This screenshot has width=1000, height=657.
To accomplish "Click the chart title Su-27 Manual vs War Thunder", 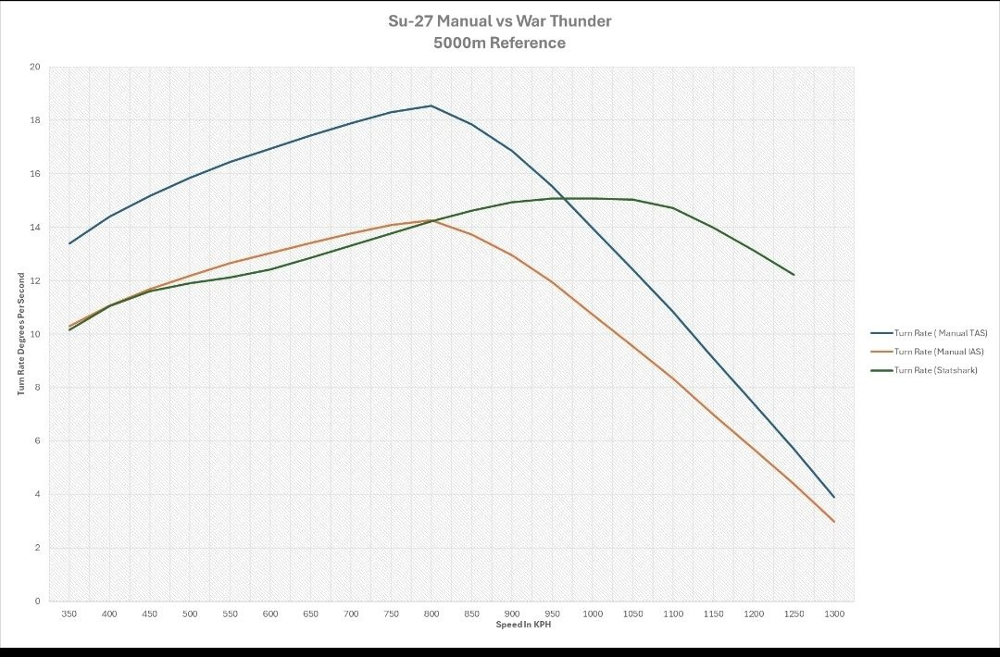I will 499,20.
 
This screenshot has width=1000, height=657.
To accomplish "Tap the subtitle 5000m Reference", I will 499,43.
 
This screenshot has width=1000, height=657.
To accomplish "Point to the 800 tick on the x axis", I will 431,614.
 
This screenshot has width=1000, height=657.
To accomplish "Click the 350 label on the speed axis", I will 69,614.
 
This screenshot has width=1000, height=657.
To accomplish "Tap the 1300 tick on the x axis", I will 833,614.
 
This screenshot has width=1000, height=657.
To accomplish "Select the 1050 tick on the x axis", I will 632,614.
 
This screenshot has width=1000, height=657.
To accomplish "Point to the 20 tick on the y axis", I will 35,67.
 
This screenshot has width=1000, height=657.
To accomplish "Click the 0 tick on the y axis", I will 38,601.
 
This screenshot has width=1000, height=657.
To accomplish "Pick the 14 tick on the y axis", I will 35,227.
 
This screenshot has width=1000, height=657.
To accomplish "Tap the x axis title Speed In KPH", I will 523,624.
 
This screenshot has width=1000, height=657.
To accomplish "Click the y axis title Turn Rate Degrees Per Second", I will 20,334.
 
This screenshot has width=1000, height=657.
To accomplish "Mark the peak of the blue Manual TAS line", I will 431,105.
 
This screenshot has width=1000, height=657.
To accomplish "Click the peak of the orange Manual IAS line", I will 431,220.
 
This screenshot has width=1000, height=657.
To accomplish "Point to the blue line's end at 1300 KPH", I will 833,497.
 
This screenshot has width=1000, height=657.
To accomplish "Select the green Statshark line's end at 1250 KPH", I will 794,274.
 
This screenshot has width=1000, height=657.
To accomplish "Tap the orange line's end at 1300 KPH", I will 833,521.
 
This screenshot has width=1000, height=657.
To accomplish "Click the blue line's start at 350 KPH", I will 69,243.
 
